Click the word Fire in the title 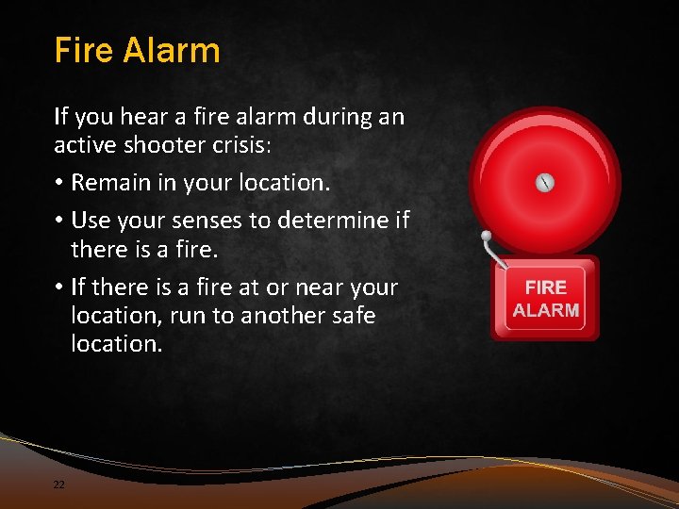[83, 50]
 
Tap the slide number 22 [59, 484]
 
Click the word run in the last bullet [191, 316]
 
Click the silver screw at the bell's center [546, 183]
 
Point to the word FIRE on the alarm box [546, 287]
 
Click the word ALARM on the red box [546, 309]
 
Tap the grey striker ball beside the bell [487, 236]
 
